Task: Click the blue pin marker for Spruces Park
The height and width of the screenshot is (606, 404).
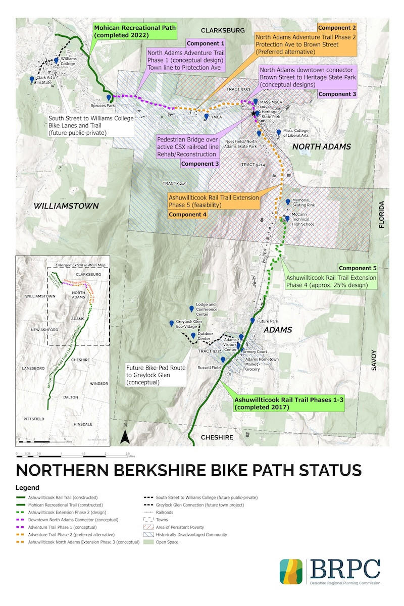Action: [109, 98]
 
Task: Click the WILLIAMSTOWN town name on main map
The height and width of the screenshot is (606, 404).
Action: [66, 206]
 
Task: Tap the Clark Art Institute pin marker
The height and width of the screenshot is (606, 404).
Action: [32, 80]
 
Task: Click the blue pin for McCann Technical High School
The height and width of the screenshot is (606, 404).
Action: [287, 219]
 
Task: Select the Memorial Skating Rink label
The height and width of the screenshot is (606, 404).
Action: [304, 203]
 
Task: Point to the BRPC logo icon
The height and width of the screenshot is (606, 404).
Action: [291, 571]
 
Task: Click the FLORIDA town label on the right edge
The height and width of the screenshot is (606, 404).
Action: [382, 215]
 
